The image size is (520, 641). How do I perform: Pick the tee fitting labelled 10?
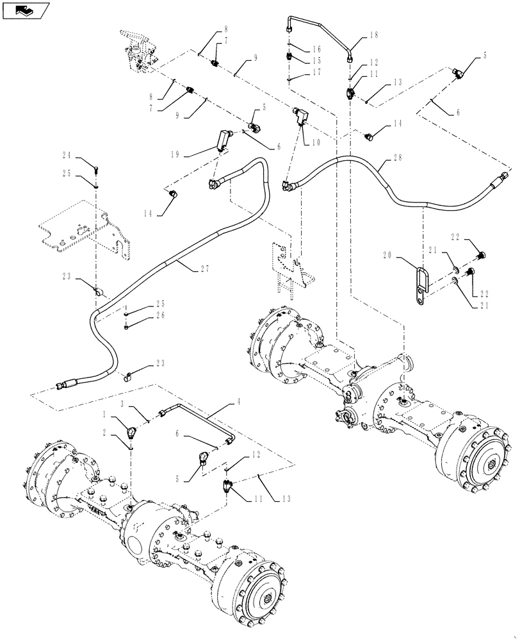(x=301, y=117)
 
